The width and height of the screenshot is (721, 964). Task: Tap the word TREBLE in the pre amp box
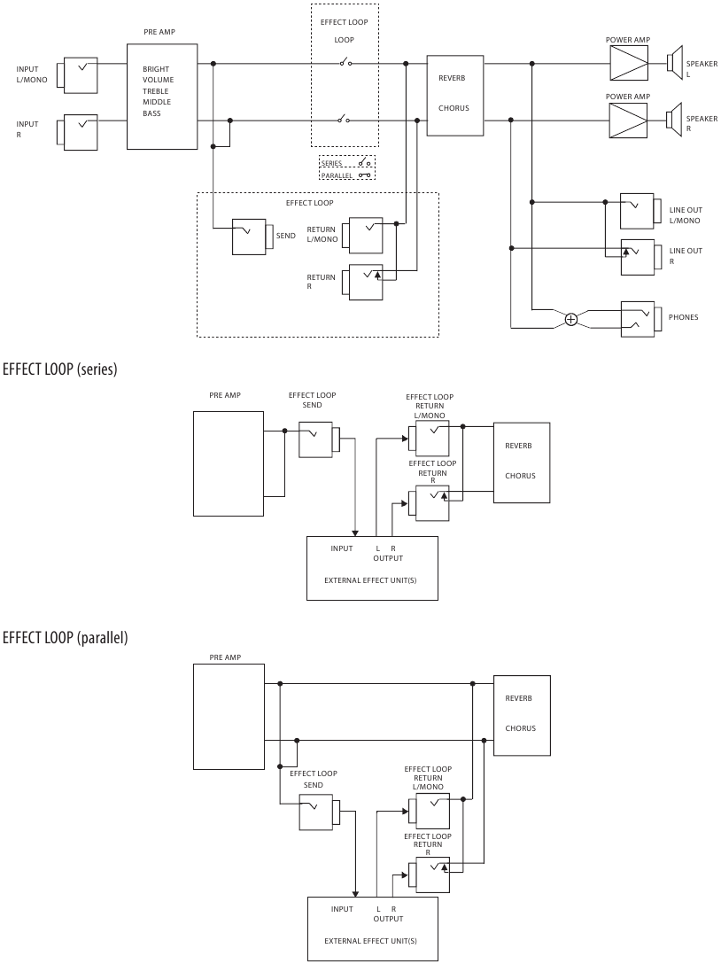157,91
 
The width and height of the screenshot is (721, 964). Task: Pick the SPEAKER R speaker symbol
675,116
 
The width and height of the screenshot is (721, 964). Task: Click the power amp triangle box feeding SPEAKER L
630,63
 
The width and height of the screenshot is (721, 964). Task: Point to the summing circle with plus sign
571,319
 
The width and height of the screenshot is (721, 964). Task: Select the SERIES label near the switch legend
332,164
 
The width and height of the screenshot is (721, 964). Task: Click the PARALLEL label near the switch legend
337,175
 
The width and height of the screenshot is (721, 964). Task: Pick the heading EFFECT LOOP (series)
60,369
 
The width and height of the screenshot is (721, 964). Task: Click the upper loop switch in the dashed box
344,63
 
